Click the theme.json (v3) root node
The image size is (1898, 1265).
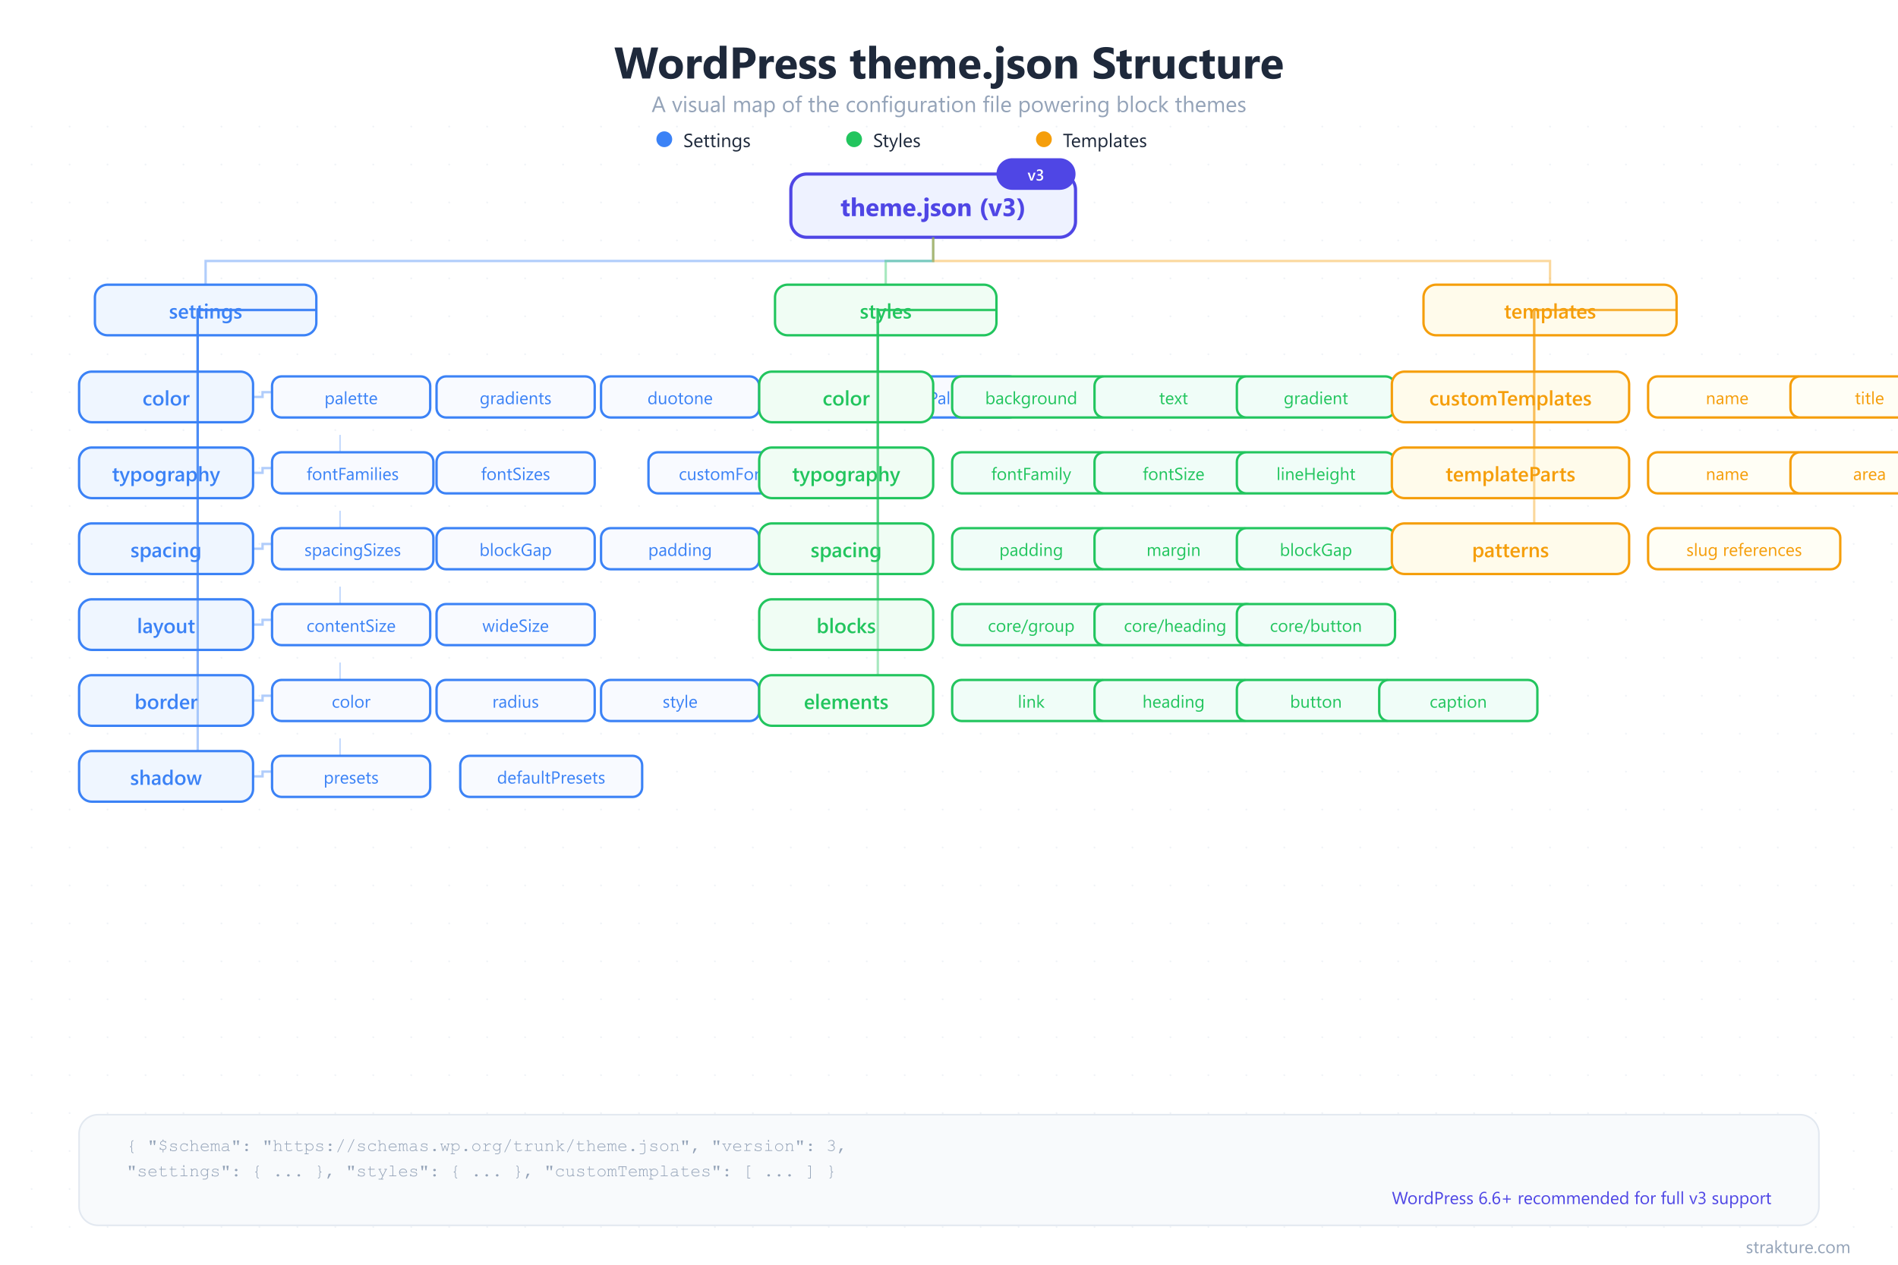coord(932,208)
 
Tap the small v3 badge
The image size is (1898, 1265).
coord(1036,175)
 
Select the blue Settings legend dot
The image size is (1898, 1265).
coord(664,140)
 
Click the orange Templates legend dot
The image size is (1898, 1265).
coord(1043,140)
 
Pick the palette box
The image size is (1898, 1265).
coord(350,398)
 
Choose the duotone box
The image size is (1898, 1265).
coord(679,398)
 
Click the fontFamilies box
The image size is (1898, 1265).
coord(352,474)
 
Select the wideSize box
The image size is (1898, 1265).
coord(515,625)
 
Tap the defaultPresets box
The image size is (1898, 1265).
coord(550,777)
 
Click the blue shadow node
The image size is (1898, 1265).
coord(166,777)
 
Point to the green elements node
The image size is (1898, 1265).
coord(845,701)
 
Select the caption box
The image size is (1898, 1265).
coord(1458,701)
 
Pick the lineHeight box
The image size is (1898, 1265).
coord(1315,474)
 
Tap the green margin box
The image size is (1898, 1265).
coord(1172,549)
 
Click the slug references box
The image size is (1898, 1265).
coord(1743,549)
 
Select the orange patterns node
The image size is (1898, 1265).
coord(1509,549)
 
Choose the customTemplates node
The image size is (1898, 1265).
coord(1509,398)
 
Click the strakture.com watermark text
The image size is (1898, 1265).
coord(1797,1247)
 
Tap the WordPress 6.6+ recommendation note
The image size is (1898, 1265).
coord(1580,1198)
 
